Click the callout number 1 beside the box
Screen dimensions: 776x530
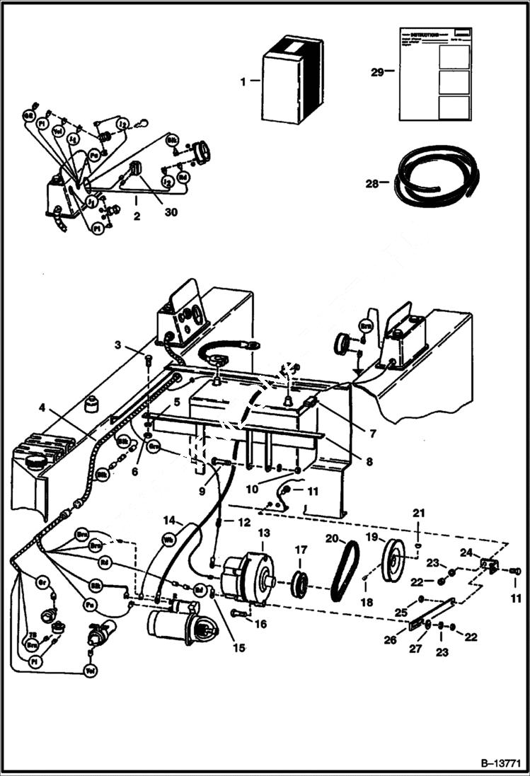(x=243, y=82)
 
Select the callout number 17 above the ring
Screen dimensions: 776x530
(x=300, y=549)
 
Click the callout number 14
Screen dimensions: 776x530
(x=169, y=521)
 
